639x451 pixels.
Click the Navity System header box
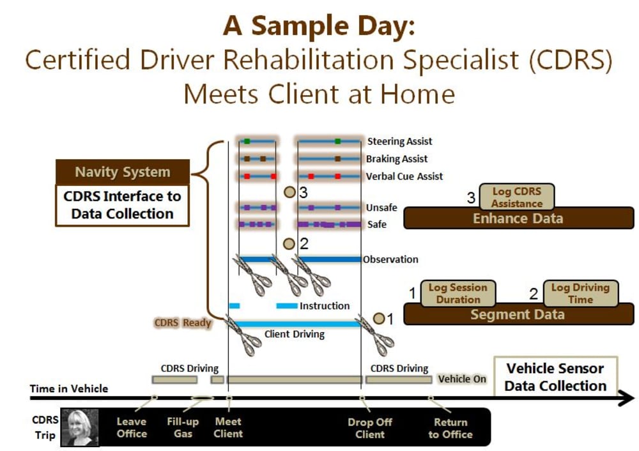tap(123, 172)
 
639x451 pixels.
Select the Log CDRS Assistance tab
tap(517, 197)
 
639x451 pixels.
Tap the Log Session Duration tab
tap(458, 293)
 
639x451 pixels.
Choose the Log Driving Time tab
tap(580, 293)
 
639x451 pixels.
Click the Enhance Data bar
tap(518, 218)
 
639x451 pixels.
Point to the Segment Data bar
tap(518, 314)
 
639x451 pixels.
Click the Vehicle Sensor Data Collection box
tap(555, 377)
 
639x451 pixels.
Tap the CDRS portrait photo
tap(80, 427)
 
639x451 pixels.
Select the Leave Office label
tap(132, 427)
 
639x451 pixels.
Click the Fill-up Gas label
tap(183, 427)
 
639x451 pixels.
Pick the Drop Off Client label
tap(369, 428)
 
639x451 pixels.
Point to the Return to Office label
tap(450, 428)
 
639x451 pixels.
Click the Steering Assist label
tap(399, 141)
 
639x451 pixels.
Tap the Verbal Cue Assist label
tap(404, 176)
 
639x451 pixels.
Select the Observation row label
tap(390, 259)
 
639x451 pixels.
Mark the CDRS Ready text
tap(183, 323)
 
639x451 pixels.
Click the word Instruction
tap(325, 306)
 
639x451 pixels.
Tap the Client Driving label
tap(294, 335)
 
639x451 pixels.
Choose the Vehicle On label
tap(462, 379)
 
